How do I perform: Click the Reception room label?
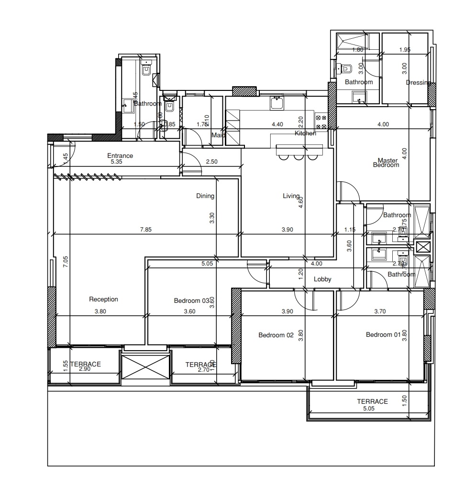[x=103, y=299]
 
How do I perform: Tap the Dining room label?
[x=205, y=196]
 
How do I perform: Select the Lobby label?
[x=322, y=279]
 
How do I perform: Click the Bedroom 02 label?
[x=276, y=335]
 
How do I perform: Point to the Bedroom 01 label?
[x=383, y=335]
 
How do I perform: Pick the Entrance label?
[x=120, y=156]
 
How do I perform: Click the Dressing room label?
[x=418, y=82]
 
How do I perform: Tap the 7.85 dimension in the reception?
[x=145, y=230]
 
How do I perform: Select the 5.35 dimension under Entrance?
[x=117, y=162]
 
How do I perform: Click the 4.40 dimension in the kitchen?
[x=277, y=124]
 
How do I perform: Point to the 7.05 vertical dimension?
[x=66, y=262]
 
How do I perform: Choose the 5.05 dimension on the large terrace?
[x=368, y=409]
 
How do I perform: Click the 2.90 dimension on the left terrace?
[x=84, y=369]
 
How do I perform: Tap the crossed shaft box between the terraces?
[x=145, y=369]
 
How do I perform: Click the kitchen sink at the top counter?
[x=277, y=102]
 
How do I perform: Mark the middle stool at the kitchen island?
[x=299, y=156]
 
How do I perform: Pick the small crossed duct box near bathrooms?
[x=423, y=247]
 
